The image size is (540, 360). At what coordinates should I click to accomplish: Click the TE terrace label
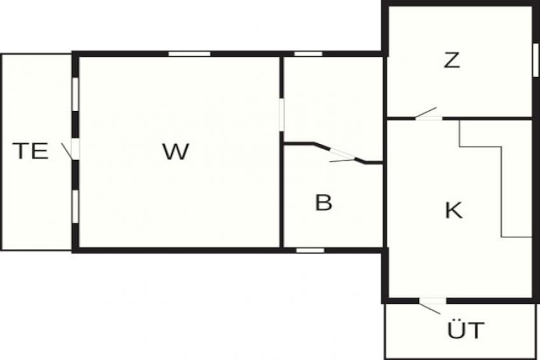pyautogui.click(x=31, y=151)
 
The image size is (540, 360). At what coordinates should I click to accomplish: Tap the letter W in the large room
pyautogui.click(x=176, y=152)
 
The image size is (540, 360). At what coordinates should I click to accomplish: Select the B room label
pyautogui.click(x=323, y=203)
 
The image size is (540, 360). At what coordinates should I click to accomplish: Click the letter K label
pyautogui.click(x=453, y=210)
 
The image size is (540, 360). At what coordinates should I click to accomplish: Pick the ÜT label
pyautogui.click(x=465, y=329)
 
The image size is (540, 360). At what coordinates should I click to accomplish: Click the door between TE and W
pyautogui.click(x=71, y=150)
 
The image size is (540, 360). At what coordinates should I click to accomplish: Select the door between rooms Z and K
pyautogui.click(x=427, y=115)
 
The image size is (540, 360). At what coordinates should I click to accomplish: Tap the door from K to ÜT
pyautogui.click(x=431, y=304)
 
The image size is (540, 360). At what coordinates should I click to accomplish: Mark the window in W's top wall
pyautogui.click(x=189, y=54)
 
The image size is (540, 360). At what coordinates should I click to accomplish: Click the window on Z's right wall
pyautogui.click(x=536, y=60)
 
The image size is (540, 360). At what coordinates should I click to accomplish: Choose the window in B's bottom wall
pyautogui.click(x=310, y=250)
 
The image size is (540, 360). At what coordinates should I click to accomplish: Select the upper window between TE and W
pyautogui.click(x=75, y=94)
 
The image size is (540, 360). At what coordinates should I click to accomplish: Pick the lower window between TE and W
pyautogui.click(x=75, y=206)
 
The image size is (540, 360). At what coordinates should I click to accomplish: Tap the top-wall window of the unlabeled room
pyautogui.click(x=308, y=54)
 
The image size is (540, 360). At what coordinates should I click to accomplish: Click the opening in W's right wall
pyautogui.click(x=281, y=115)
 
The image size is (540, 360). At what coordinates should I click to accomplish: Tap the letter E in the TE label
pyautogui.click(x=40, y=151)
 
